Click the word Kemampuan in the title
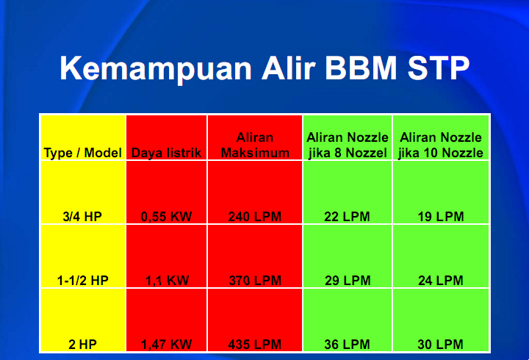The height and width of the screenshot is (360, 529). tap(156, 68)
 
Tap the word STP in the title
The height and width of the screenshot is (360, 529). tap(438, 68)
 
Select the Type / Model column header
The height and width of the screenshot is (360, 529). tap(82, 153)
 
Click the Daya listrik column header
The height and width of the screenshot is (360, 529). tap(166, 153)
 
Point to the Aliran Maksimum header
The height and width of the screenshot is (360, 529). tap(255, 145)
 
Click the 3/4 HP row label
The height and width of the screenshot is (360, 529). tap(82, 217)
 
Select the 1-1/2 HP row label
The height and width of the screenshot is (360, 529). tap(82, 281)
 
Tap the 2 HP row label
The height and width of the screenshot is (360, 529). tap(82, 344)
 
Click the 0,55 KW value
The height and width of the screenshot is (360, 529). tap(166, 217)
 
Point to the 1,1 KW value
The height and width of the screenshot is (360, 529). tap(167, 281)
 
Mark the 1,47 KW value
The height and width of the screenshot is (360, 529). tap(166, 344)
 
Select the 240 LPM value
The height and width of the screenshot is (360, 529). tap(255, 217)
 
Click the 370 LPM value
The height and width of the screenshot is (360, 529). tap(255, 281)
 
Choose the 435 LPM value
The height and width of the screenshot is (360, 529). tap(255, 344)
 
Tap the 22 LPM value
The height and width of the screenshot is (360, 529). tap(347, 217)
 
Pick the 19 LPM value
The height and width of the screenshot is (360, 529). tap(441, 217)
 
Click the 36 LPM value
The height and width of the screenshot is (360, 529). tap(347, 344)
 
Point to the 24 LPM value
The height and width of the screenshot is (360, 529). tap(441, 281)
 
